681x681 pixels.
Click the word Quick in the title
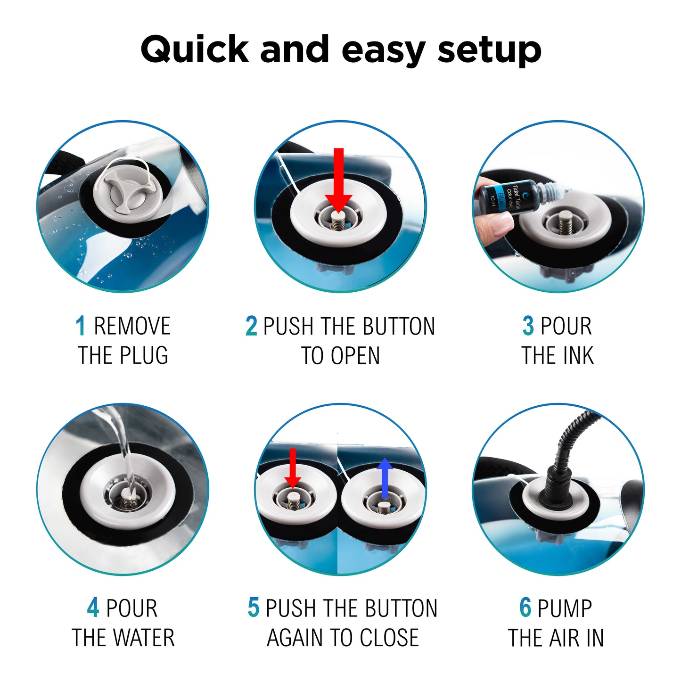(195, 49)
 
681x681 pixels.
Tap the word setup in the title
(490, 51)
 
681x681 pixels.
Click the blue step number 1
(81, 326)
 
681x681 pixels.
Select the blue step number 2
(251, 326)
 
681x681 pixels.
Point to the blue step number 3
(528, 326)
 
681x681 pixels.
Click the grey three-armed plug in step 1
(128, 193)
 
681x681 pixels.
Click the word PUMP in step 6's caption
(565, 608)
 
